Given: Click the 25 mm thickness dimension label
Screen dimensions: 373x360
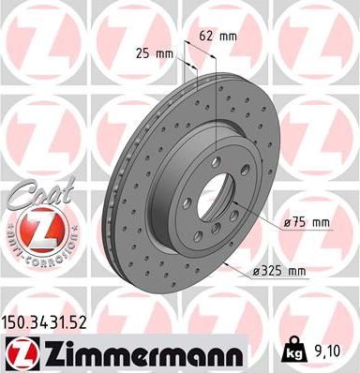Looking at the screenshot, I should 155,52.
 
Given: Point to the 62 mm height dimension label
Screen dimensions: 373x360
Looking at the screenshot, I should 217,36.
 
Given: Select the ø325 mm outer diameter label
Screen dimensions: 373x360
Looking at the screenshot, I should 281,271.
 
